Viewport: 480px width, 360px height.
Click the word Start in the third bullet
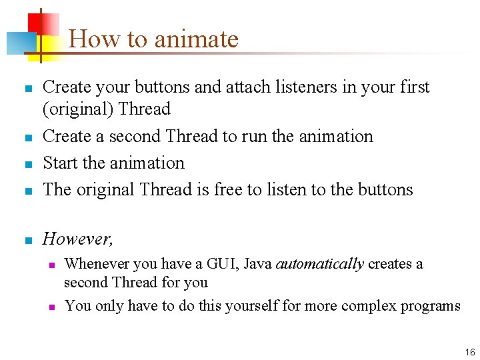click(61, 163)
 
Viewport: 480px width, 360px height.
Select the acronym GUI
click(223, 264)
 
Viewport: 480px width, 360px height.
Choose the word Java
click(257, 264)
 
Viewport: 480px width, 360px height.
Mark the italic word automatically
click(320, 264)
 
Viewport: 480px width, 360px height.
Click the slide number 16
click(470, 351)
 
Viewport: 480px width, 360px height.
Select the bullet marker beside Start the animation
click(27, 164)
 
